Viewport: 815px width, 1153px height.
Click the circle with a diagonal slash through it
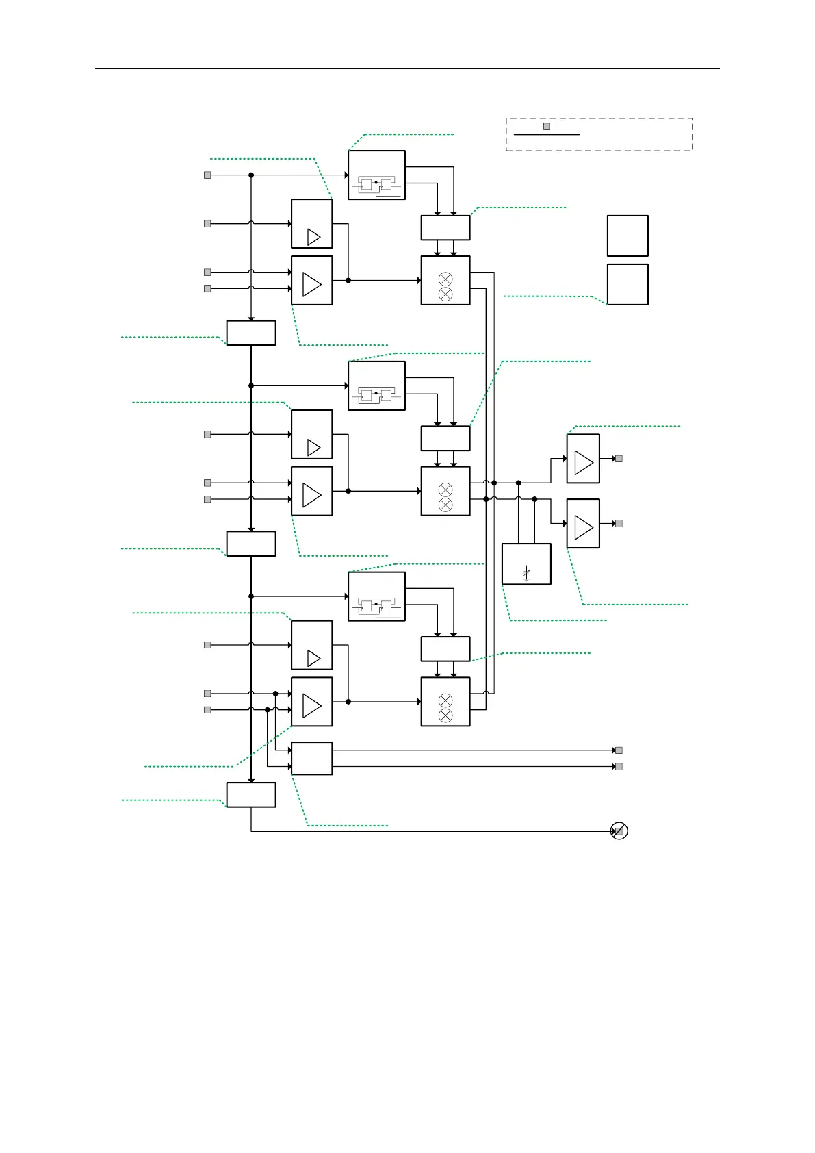coord(619,831)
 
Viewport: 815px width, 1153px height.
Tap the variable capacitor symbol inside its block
coord(526,574)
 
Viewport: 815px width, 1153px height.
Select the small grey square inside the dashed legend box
coord(547,127)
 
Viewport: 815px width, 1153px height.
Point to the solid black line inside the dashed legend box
coord(546,135)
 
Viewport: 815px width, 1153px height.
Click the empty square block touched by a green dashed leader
coord(628,284)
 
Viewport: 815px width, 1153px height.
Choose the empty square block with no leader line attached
coord(628,236)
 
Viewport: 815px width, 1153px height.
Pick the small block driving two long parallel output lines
coord(311,758)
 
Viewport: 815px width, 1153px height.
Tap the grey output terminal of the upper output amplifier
coord(619,459)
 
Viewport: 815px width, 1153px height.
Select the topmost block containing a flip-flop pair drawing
coord(376,175)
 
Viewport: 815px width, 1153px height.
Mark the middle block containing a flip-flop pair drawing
coord(376,386)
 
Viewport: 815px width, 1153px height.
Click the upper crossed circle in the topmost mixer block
coord(445,279)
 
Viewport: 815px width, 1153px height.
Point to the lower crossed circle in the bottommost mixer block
coord(445,715)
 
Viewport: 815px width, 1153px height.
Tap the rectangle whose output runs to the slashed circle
coord(251,795)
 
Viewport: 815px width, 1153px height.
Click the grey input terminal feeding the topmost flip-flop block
coord(207,175)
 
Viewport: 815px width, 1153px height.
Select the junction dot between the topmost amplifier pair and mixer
coord(348,281)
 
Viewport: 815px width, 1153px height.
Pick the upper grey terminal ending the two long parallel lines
coord(619,750)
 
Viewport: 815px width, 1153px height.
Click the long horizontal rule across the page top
coord(407,68)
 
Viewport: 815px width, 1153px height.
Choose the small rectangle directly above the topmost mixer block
coord(445,227)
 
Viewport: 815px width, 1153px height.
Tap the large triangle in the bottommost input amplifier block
coord(311,706)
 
